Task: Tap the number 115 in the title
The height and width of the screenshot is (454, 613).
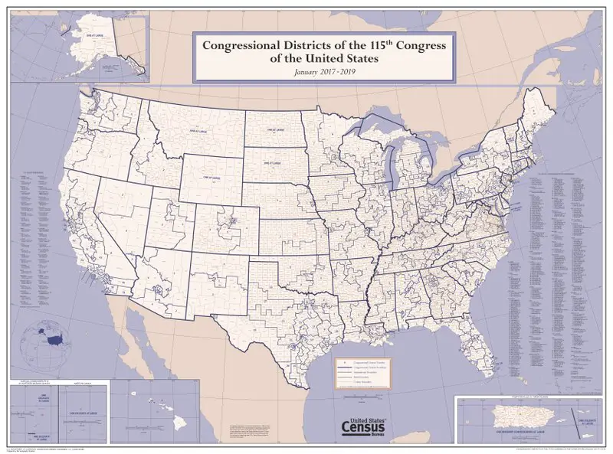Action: [x=379, y=45]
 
